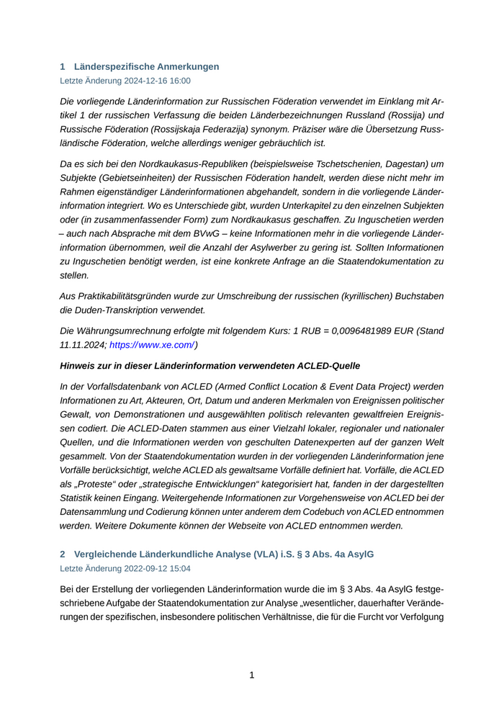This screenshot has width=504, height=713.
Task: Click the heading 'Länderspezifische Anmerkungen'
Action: [x=146, y=66]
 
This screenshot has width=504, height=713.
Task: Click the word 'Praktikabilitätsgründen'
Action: [x=136, y=296]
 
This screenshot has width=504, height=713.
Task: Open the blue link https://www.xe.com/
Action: [x=152, y=345]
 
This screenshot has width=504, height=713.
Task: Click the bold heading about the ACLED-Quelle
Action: [x=210, y=366]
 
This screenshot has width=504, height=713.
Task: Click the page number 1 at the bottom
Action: [x=252, y=675]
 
